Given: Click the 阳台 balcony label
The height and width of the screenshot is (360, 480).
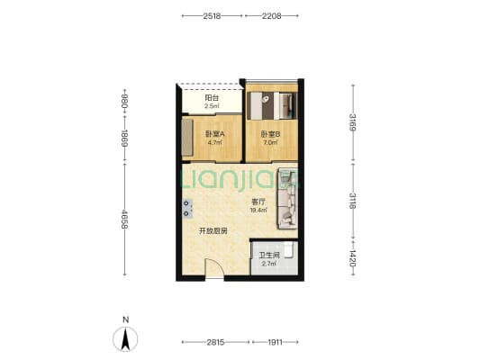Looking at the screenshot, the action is (212, 98).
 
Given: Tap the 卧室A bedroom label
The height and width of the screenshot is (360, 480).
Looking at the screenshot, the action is (215, 134).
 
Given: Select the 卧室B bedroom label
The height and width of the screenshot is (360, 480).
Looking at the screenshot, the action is (270, 134).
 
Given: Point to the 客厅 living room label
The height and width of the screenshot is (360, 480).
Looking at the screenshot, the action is (258, 202).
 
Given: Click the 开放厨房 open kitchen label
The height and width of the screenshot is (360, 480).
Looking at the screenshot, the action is (213, 231).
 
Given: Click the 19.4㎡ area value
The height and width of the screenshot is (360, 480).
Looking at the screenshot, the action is (258, 210).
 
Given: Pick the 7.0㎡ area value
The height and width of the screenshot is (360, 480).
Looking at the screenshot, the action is (270, 142).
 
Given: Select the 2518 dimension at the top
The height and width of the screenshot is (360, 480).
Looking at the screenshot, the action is (212, 16).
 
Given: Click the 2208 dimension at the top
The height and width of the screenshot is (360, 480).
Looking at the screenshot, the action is (272, 16).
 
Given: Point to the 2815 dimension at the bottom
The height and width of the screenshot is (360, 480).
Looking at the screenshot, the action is (215, 342).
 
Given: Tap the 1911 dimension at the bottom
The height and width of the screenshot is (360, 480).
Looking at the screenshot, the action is (276, 342).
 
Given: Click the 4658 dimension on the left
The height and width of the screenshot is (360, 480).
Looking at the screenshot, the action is (124, 219).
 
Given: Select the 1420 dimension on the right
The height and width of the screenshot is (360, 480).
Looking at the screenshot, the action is (353, 258).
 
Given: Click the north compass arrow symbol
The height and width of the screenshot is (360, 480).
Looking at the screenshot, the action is (125, 339).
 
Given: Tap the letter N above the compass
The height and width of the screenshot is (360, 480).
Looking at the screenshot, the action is (125, 319).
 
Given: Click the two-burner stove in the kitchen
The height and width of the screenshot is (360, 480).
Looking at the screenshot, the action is (187, 208).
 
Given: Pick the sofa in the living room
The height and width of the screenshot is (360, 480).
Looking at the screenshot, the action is (287, 198).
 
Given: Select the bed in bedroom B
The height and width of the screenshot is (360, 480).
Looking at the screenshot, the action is (272, 106).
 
